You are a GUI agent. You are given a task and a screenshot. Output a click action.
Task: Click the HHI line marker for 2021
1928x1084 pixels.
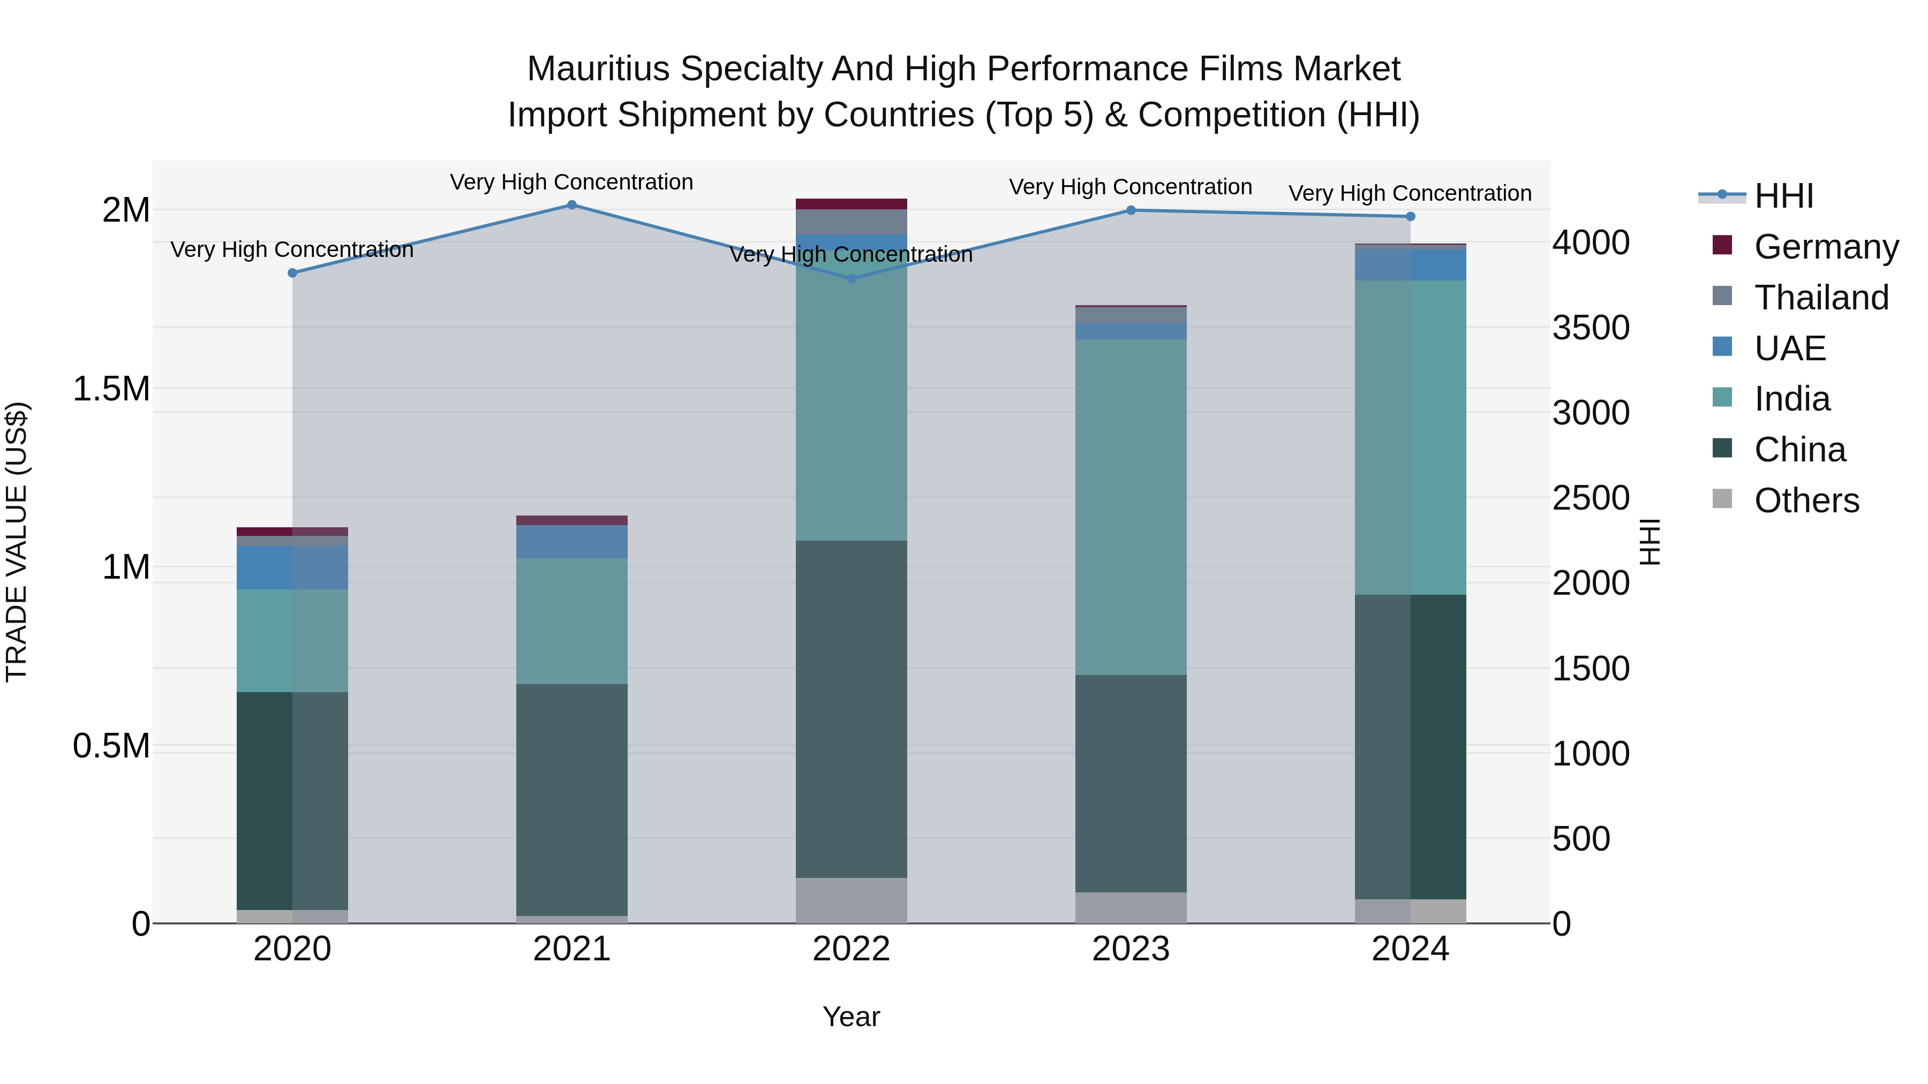click(x=572, y=205)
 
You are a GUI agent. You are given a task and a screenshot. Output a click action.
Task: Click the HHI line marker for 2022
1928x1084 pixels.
click(x=851, y=278)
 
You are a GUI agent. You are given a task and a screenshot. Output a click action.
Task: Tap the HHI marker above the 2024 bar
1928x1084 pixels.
click(x=1410, y=216)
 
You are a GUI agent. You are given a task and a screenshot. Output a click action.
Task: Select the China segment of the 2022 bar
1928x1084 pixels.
click(x=851, y=709)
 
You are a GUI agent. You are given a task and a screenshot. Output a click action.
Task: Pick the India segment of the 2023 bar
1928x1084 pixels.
click(x=1131, y=507)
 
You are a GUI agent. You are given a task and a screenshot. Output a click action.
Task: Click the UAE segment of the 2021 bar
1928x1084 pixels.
click(x=572, y=542)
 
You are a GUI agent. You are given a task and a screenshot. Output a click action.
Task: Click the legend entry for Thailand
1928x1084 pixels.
click(x=1821, y=298)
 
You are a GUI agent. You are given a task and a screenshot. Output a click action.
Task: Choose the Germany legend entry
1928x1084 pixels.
click(x=1826, y=247)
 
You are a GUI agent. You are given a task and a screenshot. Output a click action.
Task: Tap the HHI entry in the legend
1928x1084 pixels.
click(x=1783, y=196)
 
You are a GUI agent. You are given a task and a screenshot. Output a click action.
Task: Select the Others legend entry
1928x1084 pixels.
click(x=1806, y=501)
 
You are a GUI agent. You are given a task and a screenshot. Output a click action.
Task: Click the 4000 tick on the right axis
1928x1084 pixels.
click(x=1591, y=242)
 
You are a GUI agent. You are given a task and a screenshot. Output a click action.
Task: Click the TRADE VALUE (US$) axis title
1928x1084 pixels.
click(x=17, y=542)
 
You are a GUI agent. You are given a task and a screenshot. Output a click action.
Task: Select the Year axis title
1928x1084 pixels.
click(x=851, y=1017)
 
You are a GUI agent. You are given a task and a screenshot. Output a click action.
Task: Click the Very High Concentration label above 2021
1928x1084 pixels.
click(x=572, y=182)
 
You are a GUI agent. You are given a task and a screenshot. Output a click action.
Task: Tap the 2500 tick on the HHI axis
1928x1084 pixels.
click(x=1591, y=497)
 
